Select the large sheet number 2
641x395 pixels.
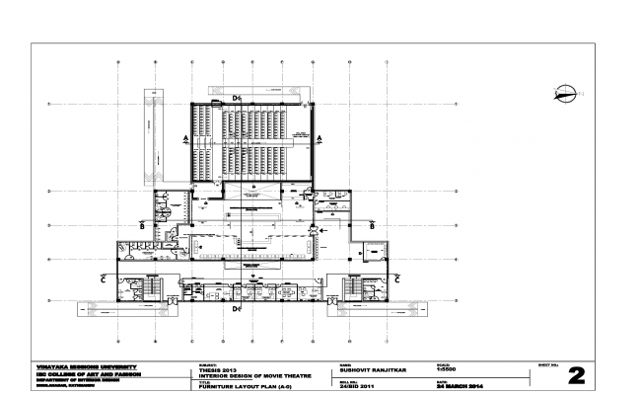tap(576, 374)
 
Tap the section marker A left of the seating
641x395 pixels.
tap(184, 139)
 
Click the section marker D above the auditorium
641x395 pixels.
tap(238, 99)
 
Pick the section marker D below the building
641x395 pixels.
tap(237, 310)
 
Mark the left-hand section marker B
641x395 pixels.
tap(143, 226)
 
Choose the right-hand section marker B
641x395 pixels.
tap(371, 226)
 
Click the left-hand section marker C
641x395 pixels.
tap(105, 279)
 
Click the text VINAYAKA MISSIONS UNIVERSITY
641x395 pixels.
tap(87, 364)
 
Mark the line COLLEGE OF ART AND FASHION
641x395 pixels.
tap(92, 374)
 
